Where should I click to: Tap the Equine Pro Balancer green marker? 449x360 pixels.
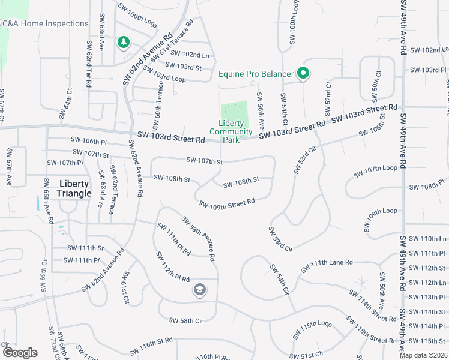(x=304, y=74)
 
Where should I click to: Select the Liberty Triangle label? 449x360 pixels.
(x=74, y=188)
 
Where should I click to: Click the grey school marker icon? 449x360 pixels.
(x=199, y=291)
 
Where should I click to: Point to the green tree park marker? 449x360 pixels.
(x=124, y=42)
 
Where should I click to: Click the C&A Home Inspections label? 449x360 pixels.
(x=45, y=23)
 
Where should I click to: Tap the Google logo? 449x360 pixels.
(x=20, y=353)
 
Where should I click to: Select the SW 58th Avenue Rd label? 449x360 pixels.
(x=198, y=239)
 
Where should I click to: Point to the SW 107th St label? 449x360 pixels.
(x=204, y=161)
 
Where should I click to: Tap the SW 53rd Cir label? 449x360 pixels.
(x=305, y=160)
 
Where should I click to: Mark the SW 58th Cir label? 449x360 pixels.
(x=186, y=321)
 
